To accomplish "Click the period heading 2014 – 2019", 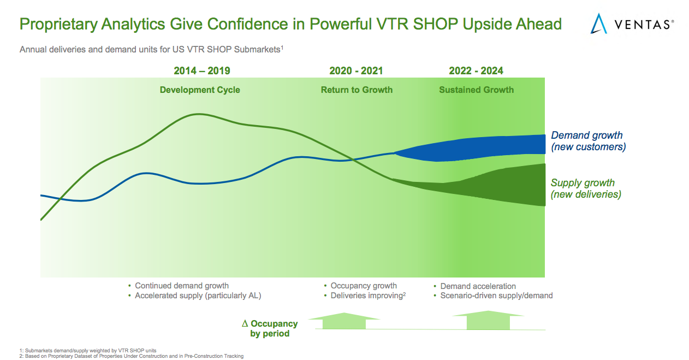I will click(202, 71).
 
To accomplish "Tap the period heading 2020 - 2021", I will click(356, 71).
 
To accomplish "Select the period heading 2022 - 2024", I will click(476, 71).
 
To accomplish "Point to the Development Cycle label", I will click(200, 90).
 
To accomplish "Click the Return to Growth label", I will click(357, 90).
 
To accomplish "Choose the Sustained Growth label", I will click(476, 90).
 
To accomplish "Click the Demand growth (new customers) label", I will click(588, 141).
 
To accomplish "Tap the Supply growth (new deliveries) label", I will click(585, 188).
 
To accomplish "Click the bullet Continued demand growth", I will click(182, 286).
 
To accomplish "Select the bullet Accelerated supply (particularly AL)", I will click(198, 296).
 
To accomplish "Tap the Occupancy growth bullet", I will click(364, 286).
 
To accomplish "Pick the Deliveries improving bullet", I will click(368, 296).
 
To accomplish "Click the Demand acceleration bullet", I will click(478, 286).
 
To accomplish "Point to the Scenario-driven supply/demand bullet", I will click(496, 296).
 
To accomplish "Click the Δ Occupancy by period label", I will click(270, 328).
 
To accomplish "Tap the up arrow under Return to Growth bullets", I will click(344, 321).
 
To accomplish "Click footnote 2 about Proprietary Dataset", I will click(131, 356).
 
